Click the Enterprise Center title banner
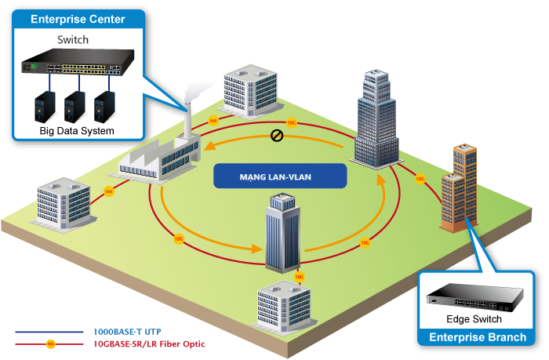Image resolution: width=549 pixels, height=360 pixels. coord(77,19)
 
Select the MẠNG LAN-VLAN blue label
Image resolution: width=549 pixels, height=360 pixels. coord(280,176)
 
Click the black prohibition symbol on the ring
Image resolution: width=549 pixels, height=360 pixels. coord(276,136)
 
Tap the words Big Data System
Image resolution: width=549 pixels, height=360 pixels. coord(77,130)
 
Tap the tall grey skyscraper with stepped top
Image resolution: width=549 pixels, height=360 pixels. coord(376,118)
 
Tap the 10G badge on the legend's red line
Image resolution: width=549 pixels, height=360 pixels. coord(50,344)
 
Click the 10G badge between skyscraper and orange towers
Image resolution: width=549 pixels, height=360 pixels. coord(420,178)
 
